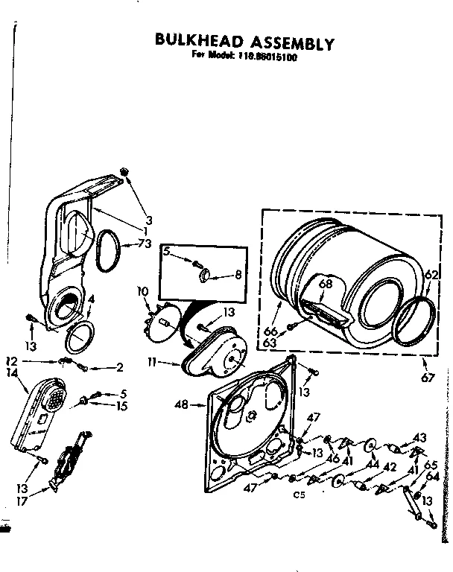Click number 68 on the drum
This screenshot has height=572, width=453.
(325, 283)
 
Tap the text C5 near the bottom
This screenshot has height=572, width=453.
(301, 495)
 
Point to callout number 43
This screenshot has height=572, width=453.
(420, 437)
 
